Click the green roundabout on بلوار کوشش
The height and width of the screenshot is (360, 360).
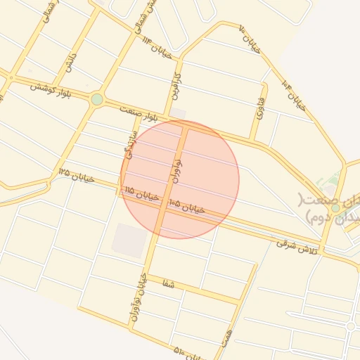click(97, 99)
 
